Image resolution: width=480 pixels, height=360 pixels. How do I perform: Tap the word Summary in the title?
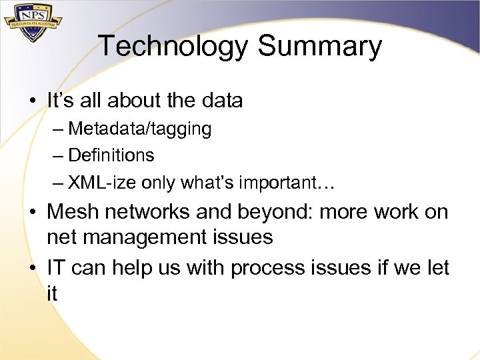click(x=319, y=47)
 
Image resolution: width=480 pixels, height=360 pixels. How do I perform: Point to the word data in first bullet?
click(x=221, y=101)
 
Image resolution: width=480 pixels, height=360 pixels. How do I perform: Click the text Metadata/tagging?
click(x=139, y=129)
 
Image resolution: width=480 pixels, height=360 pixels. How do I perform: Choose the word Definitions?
click(x=111, y=155)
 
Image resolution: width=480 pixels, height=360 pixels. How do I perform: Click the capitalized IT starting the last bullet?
click(x=56, y=267)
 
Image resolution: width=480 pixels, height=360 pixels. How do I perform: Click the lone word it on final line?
click(x=52, y=293)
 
